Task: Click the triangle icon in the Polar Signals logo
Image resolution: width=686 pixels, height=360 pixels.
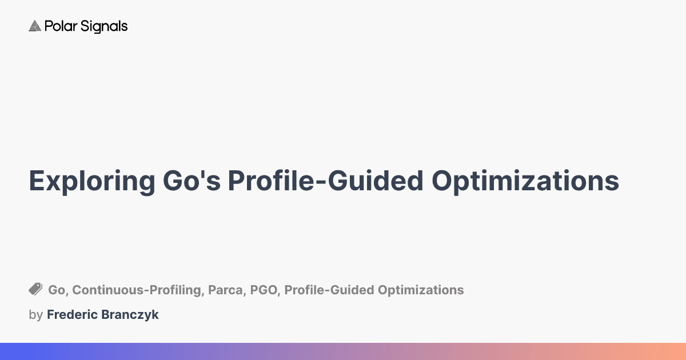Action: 35,26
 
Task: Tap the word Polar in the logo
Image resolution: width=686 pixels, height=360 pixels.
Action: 61,26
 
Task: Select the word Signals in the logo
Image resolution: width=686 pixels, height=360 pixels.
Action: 104,27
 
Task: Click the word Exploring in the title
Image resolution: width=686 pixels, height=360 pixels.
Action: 92,182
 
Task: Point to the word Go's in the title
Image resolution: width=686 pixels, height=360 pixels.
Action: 192,181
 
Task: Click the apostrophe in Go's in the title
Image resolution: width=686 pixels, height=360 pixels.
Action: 202,174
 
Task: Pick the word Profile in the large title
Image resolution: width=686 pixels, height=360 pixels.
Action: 271,181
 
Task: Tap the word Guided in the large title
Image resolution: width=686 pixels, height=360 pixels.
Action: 376,181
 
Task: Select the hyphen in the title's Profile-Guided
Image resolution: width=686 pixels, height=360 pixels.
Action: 321,183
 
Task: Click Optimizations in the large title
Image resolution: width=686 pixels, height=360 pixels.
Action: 525,182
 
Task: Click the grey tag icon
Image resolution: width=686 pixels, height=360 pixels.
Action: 35,289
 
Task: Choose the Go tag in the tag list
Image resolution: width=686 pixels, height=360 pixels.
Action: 57,290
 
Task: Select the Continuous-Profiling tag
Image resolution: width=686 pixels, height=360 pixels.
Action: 136,290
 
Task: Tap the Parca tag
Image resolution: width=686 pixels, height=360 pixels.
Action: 225,290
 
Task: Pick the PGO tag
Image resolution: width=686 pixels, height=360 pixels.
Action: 264,290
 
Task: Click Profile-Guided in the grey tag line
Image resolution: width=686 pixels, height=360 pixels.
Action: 329,290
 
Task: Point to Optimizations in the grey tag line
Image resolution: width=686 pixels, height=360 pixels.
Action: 421,290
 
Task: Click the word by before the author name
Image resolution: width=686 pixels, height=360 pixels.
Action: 35,315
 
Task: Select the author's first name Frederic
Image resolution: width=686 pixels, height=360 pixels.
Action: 72,314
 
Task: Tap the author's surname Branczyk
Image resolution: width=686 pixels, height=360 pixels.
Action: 130,315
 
